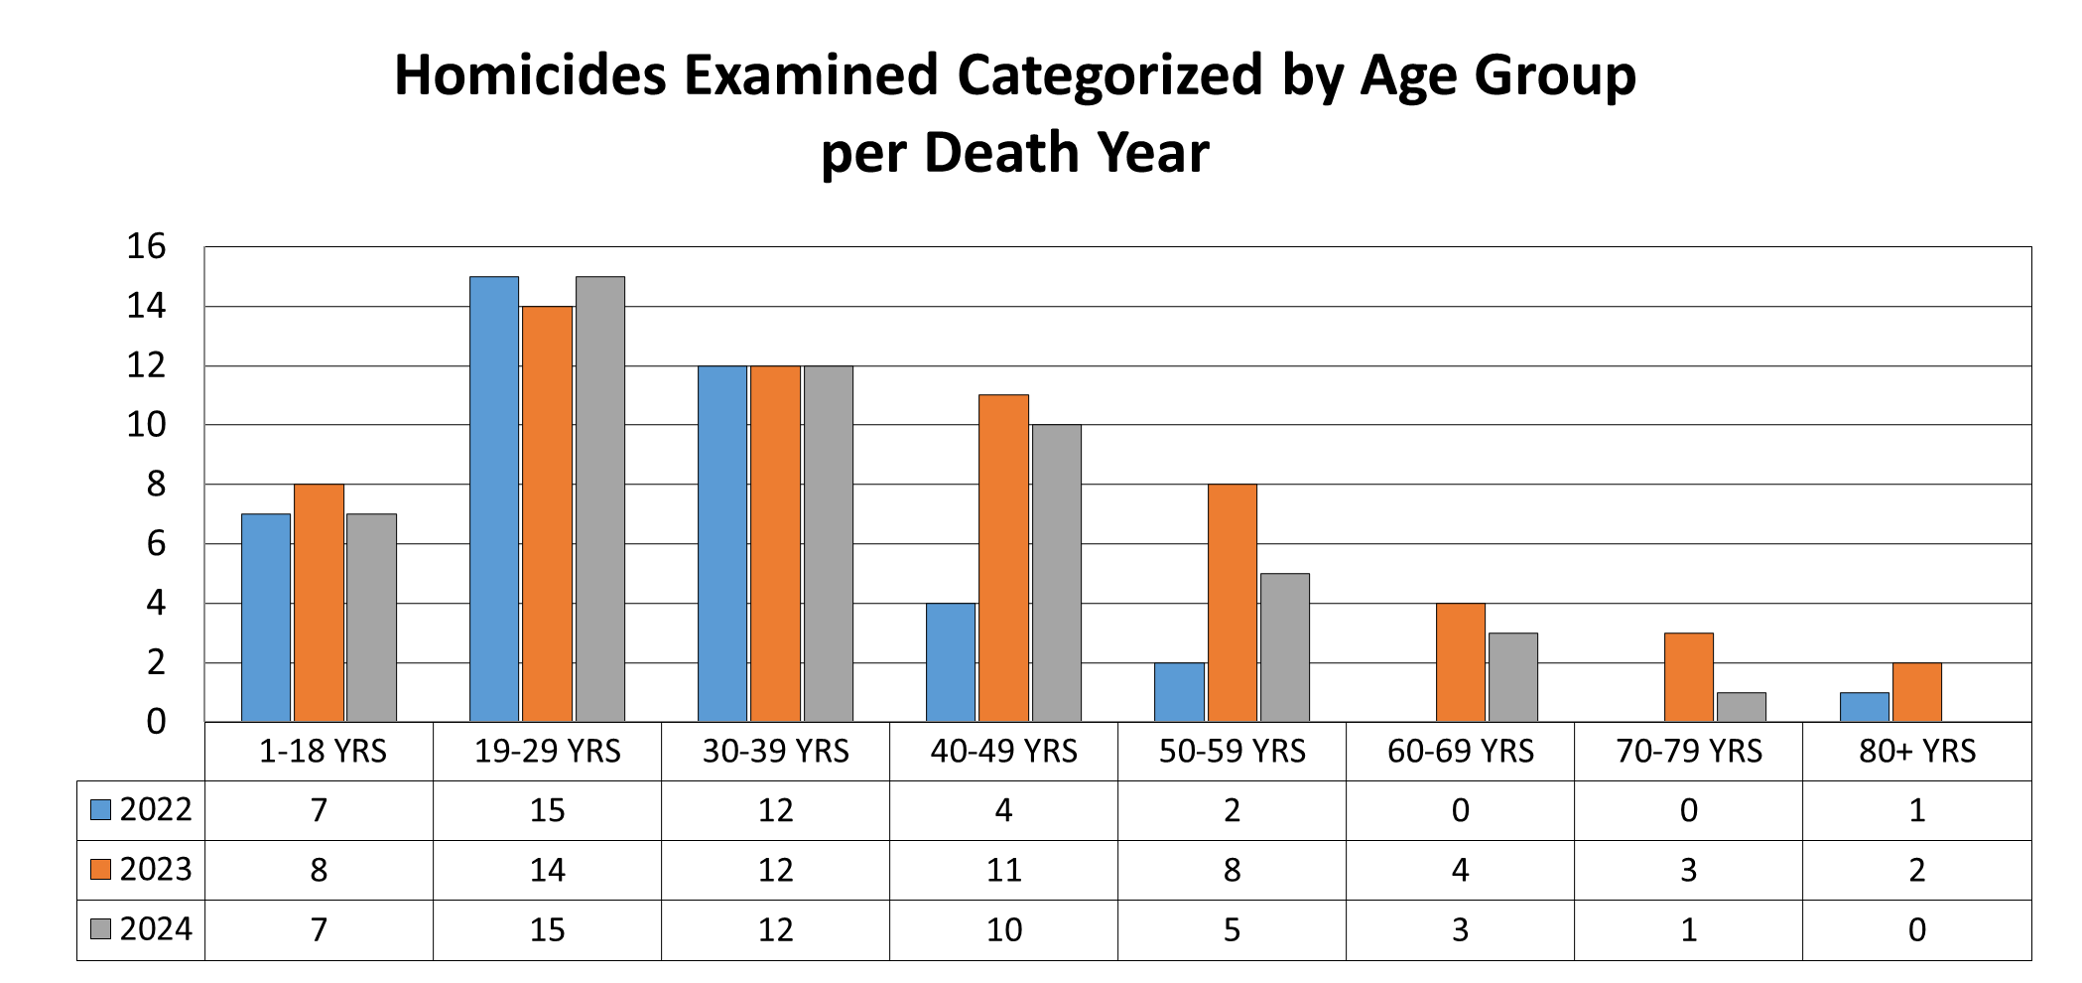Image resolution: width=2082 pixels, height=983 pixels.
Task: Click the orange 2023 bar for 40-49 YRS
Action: [1003, 558]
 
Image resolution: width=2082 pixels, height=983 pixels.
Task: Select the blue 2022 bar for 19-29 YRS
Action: [493, 498]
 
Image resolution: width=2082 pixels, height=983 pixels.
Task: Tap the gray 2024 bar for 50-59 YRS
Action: [1285, 647]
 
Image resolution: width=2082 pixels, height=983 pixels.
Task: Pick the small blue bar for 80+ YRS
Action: [1864, 707]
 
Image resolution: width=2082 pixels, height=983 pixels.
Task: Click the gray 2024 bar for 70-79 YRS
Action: [1742, 707]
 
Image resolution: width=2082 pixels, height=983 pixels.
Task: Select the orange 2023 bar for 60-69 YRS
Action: [1461, 662]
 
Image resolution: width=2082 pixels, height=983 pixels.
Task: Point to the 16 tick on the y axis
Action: [146, 246]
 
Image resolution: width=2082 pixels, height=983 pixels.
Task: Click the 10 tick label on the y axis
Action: [146, 425]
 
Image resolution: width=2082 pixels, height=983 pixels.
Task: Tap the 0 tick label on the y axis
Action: [156, 722]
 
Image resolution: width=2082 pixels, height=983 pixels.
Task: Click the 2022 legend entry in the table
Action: [141, 810]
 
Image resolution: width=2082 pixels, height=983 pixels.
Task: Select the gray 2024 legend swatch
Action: [100, 929]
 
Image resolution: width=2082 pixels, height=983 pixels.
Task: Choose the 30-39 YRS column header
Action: [775, 752]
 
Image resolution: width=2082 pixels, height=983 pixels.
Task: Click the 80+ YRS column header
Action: [1916, 752]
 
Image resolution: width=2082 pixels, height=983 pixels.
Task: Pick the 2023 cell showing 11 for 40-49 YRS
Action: [1003, 871]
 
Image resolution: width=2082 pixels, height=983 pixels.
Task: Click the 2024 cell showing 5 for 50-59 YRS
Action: [1232, 930]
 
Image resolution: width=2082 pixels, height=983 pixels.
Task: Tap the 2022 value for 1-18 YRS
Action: [319, 811]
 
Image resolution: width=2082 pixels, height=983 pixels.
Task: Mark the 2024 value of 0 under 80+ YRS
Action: [1916, 930]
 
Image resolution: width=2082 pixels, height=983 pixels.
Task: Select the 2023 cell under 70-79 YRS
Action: [1688, 871]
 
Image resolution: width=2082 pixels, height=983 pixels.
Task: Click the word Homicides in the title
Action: [530, 75]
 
